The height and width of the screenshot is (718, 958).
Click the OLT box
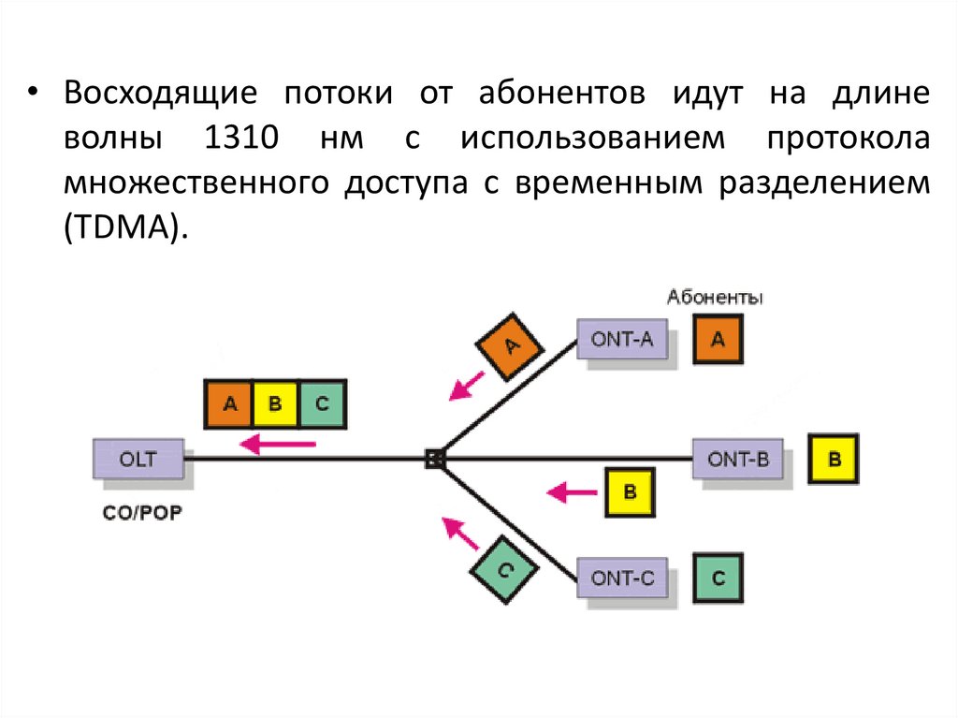[x=138, y=460]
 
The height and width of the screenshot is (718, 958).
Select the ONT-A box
[x=622, y=339]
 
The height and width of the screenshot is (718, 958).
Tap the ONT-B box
[x=738, y=459]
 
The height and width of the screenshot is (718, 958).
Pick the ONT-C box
[x=622, y=579]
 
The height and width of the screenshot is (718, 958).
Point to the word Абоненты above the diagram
[x=715, y=299]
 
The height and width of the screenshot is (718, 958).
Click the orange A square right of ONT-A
[x=718, y=340]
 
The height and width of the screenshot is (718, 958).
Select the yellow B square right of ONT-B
[x=835, y=460]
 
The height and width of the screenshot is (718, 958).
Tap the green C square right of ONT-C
[x=718, y=579]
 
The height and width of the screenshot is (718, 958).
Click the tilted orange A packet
[x=511, y=346]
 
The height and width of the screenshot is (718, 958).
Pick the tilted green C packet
[x=503, y=569]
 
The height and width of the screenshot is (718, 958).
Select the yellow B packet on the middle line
[x=629, y=491]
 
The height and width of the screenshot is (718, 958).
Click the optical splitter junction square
[x=433, y=459]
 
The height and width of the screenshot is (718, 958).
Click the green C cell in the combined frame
[x=322, y=404]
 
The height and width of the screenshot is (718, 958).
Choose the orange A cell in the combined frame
[x=230, y=404]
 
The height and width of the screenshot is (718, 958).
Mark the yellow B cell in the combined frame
[x=275, y=404]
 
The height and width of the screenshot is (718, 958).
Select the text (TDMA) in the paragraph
[x=125, y=228]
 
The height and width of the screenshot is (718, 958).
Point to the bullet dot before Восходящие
[x=33, y=95]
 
